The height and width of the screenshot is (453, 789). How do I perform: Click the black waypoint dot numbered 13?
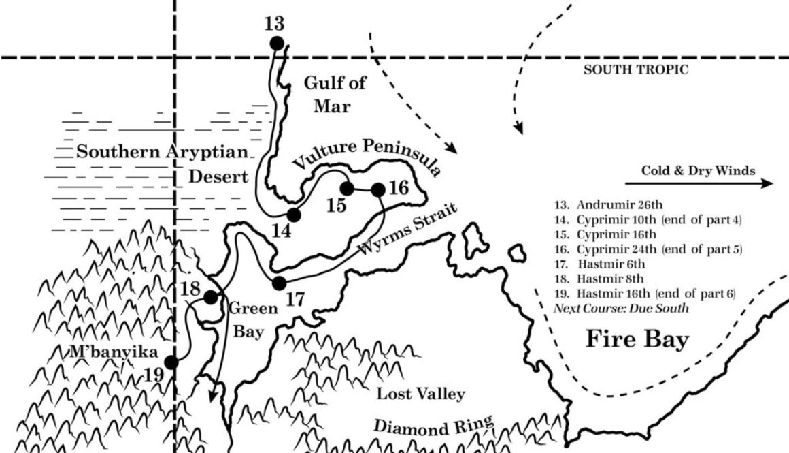click(x=276, y=44)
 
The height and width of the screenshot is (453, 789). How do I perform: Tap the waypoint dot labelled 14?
click(x=294, y=215)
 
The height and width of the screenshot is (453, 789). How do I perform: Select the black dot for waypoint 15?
click(x=347, y=188)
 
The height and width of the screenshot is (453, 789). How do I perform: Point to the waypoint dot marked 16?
click(x=378, y=189)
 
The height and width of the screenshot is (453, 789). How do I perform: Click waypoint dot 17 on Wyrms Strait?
click(x=278, y=282)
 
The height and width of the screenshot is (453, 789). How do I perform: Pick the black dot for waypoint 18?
click(x=211, y=297)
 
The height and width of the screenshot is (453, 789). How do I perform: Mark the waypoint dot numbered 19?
click(x=171, y=362)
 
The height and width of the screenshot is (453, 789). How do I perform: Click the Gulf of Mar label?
click(x=334, y=94)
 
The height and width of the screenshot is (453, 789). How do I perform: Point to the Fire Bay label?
click(x=637, y=339)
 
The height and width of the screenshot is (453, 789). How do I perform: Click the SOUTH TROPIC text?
click(x=636, y=69)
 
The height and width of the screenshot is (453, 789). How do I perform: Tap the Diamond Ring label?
click(x=433, y=426)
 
